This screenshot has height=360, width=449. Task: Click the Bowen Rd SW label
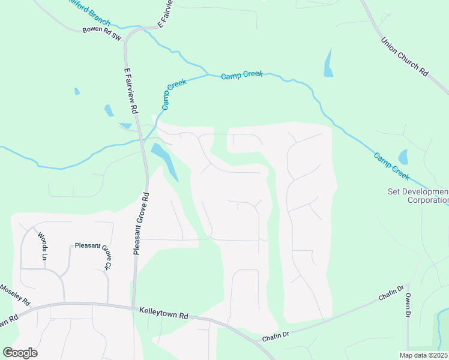(102, 33)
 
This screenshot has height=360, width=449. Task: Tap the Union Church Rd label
(405, 58)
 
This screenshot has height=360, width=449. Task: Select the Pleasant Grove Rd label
(141, 224)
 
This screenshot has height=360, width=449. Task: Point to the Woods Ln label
(43, 246)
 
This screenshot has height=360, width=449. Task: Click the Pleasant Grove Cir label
(92, 254)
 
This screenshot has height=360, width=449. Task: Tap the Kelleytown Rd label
(164, 314)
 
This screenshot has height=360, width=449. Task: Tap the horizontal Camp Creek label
(241, 76)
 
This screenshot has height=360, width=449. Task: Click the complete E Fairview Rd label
(131, 91)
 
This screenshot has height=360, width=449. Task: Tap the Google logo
(20, 353)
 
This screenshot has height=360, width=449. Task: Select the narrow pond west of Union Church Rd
(328, 63)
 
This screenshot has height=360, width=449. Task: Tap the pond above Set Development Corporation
(403, 157)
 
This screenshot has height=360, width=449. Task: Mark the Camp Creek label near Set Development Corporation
(391, 167)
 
